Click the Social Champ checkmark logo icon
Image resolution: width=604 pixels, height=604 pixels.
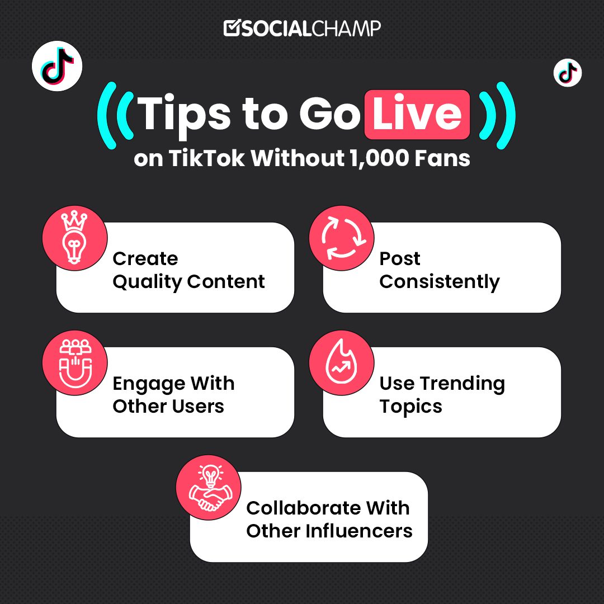[232, 28]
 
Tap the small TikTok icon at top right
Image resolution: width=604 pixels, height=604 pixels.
[567, 73]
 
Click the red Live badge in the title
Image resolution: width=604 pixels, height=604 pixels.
[417, 114]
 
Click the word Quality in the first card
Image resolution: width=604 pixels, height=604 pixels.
[147, 282]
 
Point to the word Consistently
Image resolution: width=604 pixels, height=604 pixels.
[439, 282]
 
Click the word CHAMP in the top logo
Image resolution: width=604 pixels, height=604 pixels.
[346, 28]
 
